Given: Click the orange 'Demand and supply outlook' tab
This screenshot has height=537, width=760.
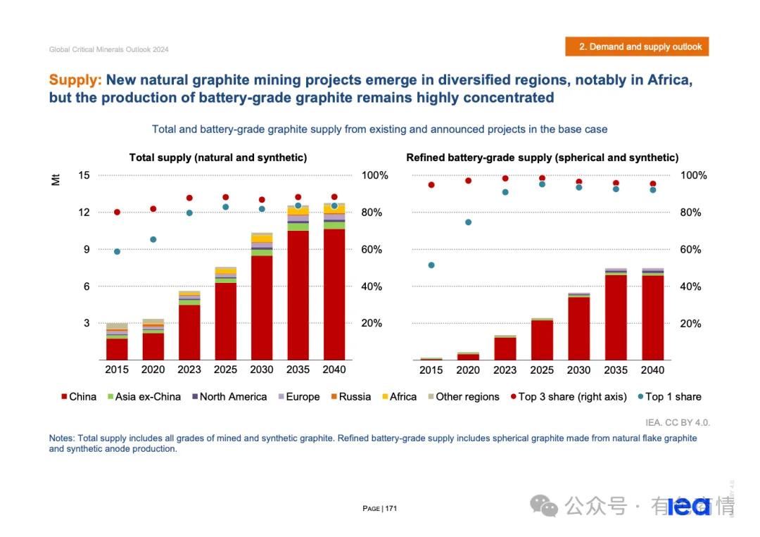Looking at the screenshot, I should click(637, 46).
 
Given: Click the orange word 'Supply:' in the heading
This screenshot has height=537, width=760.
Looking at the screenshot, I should click(75, 80).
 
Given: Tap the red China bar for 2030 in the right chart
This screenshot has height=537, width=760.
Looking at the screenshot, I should click(579, 328).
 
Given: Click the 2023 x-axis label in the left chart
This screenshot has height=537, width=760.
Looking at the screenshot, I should click(189, 369).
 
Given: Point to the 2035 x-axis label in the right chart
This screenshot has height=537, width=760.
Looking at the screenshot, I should click(616, 369).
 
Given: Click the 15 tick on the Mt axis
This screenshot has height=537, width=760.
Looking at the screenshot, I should click(84, 175).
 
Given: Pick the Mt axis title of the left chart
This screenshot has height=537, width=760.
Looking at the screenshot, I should click(56, 179).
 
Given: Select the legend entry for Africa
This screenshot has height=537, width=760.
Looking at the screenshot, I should click(398, 397).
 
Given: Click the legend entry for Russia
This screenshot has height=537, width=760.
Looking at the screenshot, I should click(350, 397).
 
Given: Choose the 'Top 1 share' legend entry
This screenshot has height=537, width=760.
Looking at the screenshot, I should click(669, 397).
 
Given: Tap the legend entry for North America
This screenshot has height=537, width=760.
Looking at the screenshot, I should click(228, 397).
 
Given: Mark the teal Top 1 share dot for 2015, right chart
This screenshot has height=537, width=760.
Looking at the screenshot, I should click(431, 265).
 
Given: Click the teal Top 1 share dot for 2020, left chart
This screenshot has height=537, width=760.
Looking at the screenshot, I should click(153, 239).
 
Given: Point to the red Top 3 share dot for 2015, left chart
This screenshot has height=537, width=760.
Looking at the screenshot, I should click(117, 212).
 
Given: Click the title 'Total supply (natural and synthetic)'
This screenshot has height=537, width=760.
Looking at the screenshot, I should click(218, 158).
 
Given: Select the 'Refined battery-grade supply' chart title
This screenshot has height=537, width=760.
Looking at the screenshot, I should click(542, 158).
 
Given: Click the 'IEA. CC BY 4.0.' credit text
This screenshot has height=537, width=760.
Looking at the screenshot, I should click(678, 422).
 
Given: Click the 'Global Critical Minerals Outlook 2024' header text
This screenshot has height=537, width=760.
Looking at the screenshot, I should click(109, 49).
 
